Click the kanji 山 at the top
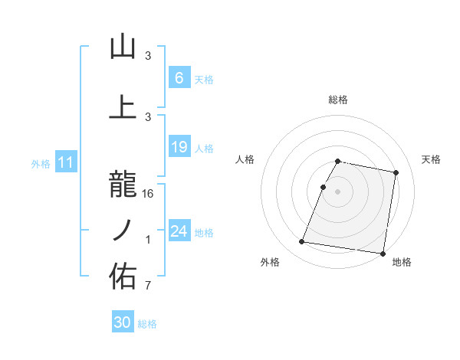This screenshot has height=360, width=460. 123,47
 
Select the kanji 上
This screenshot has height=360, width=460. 123,106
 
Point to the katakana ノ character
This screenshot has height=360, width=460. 123,231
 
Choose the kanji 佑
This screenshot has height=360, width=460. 123,277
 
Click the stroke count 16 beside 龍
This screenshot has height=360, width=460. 148,194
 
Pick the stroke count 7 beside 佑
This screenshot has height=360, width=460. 148,286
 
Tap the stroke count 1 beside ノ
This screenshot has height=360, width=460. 148,240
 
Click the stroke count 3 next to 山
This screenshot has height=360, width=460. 148,56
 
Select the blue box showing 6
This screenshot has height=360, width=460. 179,77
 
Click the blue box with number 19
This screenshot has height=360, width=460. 179,146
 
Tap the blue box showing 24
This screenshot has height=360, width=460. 179,231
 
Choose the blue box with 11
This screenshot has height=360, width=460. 65,162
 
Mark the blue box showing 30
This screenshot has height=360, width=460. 122,322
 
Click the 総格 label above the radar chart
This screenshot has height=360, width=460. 338,100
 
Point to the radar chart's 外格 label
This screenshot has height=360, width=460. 270,263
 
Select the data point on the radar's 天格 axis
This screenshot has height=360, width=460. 396,173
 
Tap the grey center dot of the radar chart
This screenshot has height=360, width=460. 337,191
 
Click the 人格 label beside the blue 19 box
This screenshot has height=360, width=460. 204,148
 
